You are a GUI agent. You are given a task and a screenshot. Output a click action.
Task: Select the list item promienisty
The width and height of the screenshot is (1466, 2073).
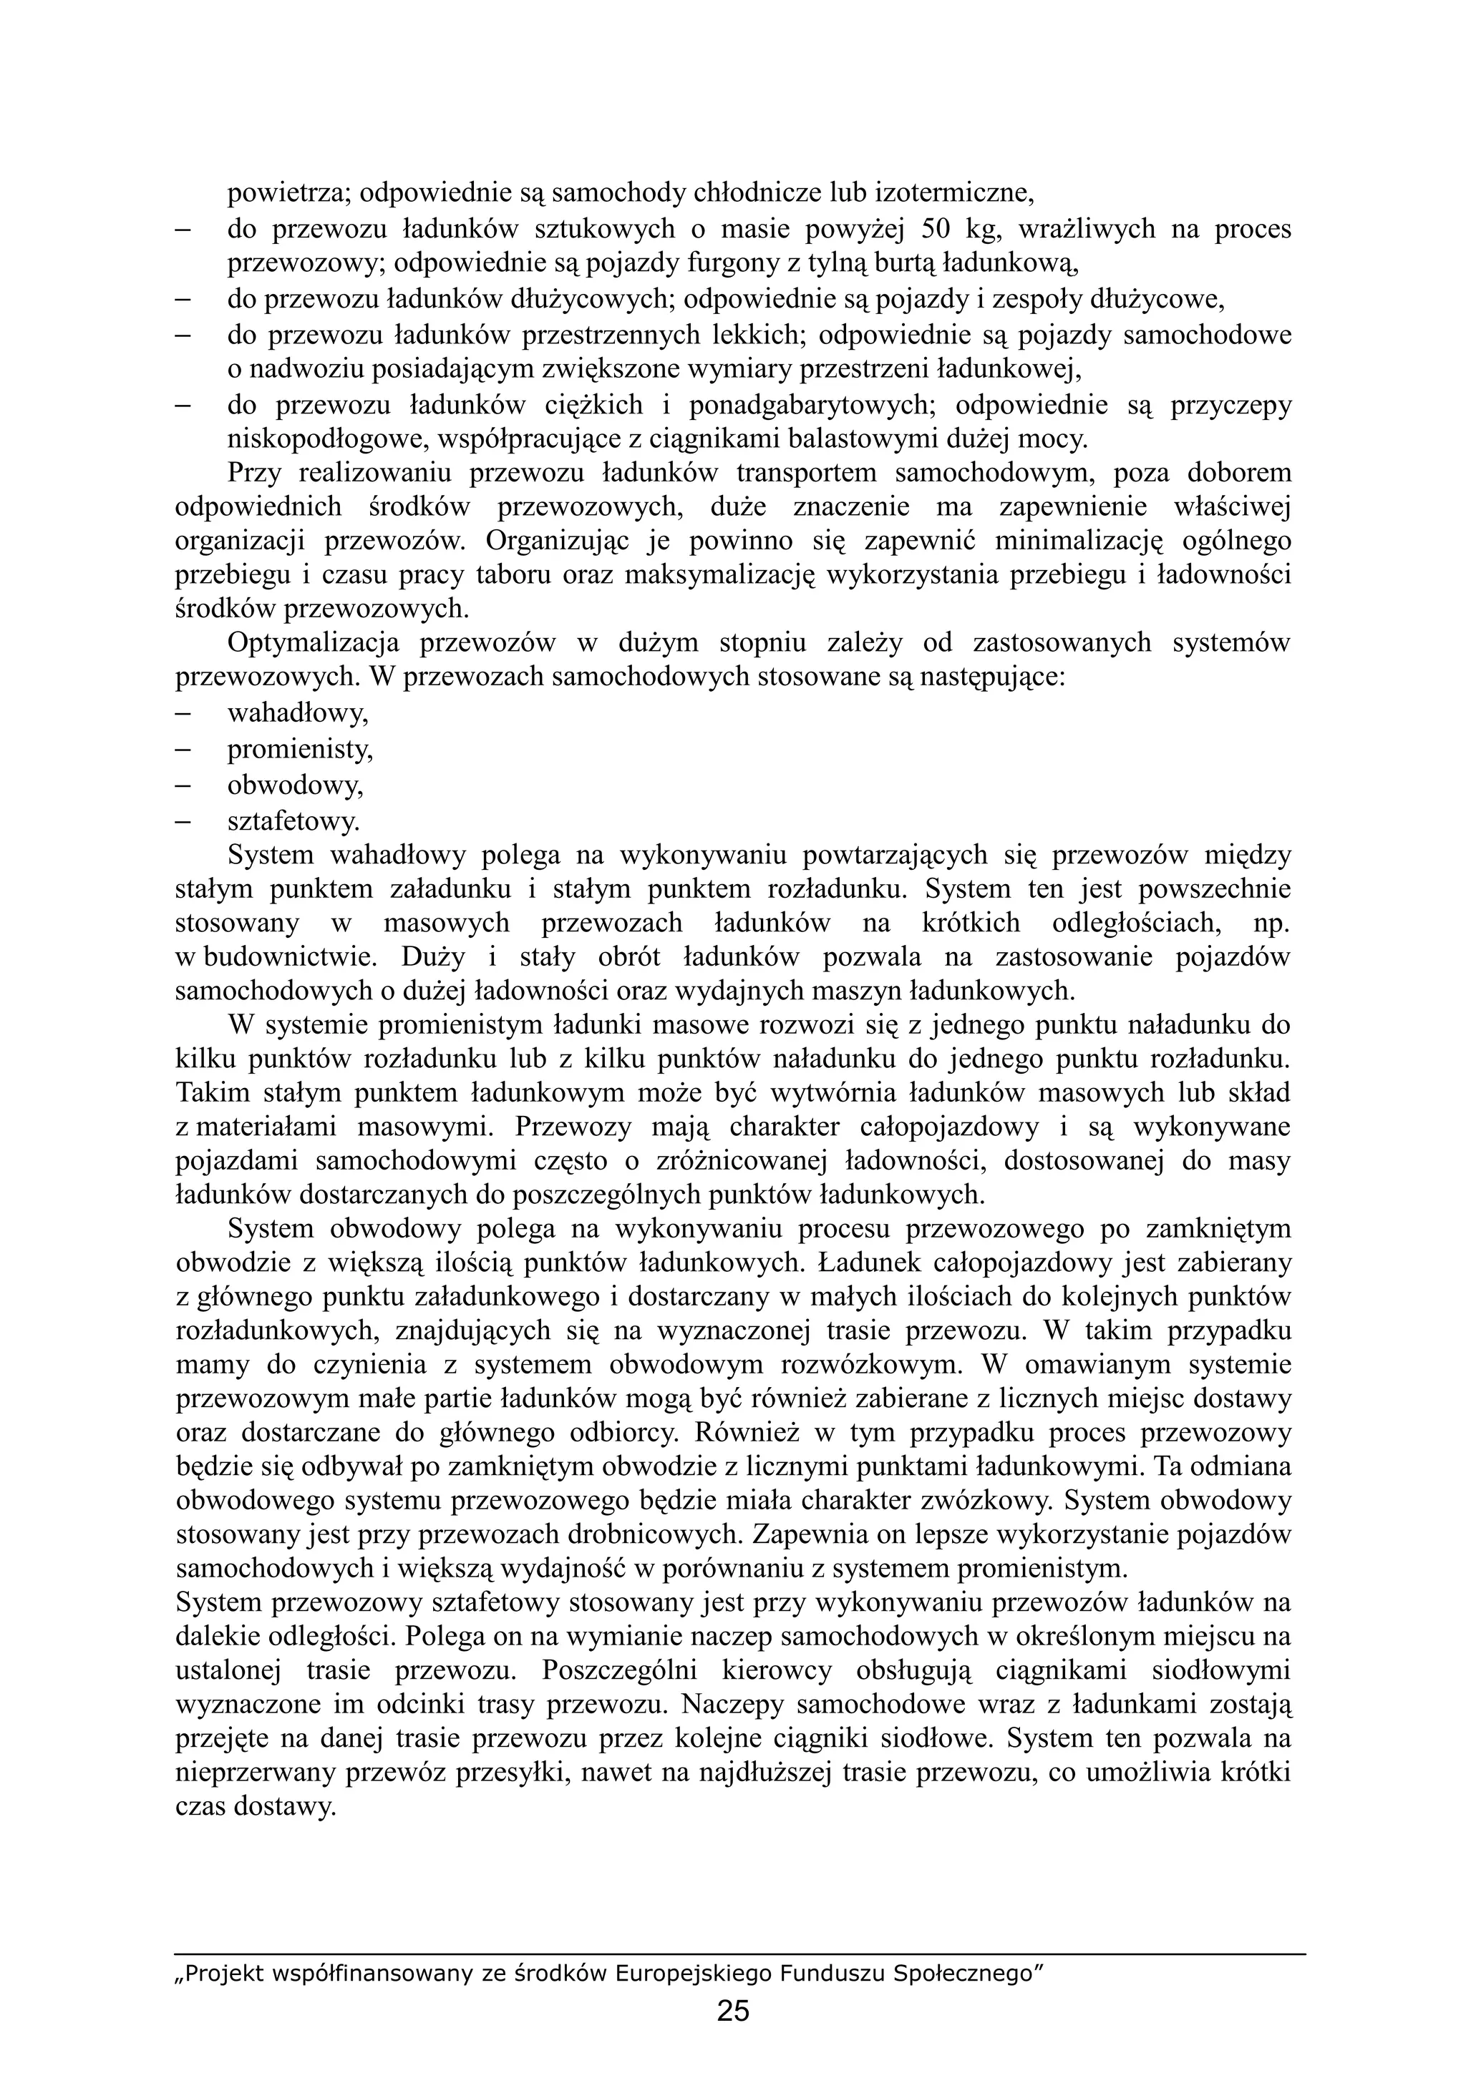pos(300,750)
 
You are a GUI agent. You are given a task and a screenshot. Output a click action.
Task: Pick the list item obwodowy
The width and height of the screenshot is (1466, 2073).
pos(294,785)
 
